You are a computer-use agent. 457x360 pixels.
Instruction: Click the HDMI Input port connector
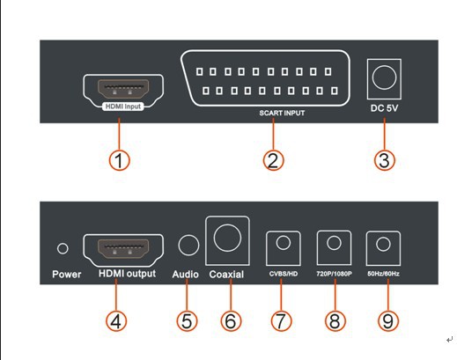[x=123, y=89]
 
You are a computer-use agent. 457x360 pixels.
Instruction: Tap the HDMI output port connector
[x=123, y=249]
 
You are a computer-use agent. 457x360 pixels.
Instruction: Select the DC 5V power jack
[x=384, y=79]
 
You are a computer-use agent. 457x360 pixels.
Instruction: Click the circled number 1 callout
[x=119, y=160]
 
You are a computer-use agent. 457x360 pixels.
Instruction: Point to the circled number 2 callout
[x=273, y=160]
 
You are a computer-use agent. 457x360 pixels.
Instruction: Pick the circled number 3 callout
[x=385, y=160]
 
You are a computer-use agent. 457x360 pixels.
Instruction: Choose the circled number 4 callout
[x=116, y=320]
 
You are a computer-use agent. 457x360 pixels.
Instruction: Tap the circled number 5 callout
[x=187, y=320]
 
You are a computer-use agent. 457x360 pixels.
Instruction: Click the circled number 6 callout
[x=231, y=320]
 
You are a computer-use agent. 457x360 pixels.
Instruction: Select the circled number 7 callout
[x=281, y=320]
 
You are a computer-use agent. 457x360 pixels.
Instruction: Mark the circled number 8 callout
[x=335, y=320]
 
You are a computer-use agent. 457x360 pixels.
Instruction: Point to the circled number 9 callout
[x=388, y=320]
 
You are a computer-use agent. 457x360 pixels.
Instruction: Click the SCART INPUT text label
[x=282, y=113]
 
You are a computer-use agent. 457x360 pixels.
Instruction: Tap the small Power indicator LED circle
[x=63, y=248]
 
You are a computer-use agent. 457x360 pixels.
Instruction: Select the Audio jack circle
[x=188, y=245]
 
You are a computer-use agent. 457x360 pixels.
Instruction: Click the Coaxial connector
[x=227, y=240]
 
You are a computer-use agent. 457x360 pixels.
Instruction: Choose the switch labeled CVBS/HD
[x=284, y=248]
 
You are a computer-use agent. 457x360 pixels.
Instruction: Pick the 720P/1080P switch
[x=334, y=247]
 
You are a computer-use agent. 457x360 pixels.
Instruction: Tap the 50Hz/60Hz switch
[x=383, y=248]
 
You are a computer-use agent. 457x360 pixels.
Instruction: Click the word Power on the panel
[x=67, y=275]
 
